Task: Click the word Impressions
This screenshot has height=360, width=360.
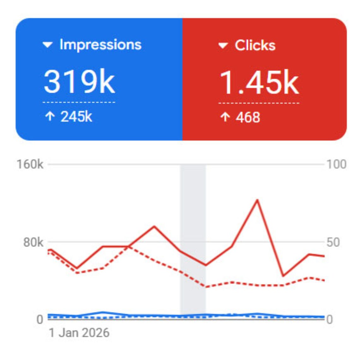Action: point(100,45)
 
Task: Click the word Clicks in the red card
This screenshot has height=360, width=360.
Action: point(255,45)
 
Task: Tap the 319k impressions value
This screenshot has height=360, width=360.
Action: point(79,82)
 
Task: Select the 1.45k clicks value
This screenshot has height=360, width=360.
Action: point(259,83)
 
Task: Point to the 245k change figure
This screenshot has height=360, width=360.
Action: point(76,117)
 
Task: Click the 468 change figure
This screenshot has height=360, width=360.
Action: point(248,117)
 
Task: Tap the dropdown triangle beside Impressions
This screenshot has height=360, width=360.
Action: point(47,45)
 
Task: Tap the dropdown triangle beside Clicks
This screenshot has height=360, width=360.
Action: point(223,46)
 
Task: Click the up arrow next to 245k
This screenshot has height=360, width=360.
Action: point(50,117)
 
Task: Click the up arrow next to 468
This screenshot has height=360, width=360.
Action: point(225,117)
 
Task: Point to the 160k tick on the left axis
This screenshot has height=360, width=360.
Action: point(30,164)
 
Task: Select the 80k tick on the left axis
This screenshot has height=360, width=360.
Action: point(33,242)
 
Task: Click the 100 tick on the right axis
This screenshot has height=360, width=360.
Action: point(337,164)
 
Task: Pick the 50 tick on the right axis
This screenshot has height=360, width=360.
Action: point(333,242)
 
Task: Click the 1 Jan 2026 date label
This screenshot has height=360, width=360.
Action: point(79,333)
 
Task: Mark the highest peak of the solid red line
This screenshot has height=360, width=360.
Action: point(258,200)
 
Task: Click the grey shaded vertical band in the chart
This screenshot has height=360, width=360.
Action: point(193,221)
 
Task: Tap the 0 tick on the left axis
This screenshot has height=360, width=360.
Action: point(39,320)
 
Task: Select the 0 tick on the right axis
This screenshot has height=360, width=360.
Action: point(329,320)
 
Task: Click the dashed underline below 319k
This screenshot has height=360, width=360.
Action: point(79,102)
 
